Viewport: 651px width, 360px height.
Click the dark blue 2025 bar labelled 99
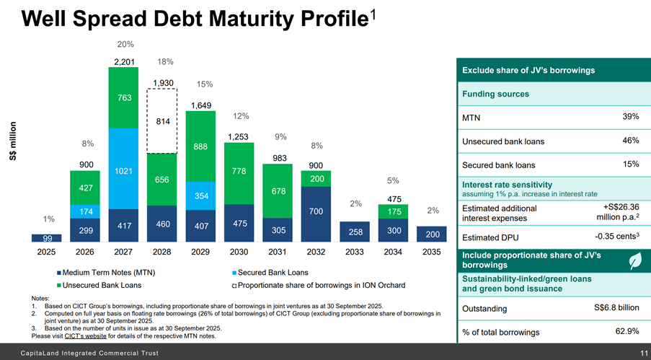coord(46,238)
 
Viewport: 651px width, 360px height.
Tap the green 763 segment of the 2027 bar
coord(123,97)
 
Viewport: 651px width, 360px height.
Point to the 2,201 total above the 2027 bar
coord(123,60)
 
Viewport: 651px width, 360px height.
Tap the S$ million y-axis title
coord(13,141)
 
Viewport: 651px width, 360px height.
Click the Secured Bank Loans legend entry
coord(271,273)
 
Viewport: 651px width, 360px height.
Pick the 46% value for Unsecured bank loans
coord(629,141)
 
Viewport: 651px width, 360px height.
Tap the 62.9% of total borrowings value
coord(624,332)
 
